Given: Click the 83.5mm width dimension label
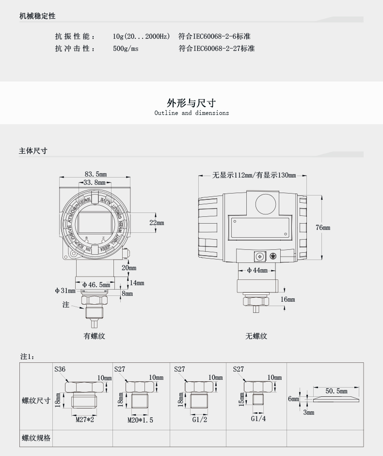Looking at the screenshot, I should [96, 174].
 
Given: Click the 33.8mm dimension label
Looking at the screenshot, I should [94, 183].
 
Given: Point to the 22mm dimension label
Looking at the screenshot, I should [157, 223].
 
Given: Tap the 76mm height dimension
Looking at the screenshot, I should [322, 228].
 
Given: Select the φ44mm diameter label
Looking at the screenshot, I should [257, 270].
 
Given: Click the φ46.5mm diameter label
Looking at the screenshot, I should [96, 285].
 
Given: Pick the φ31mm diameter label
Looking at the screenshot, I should [65, 291].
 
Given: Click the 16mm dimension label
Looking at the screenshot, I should [287, 299].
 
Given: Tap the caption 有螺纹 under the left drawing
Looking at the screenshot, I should [95, 336].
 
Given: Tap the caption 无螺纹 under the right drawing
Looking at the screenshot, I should [256, 336].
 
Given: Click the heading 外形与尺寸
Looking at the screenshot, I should [191, 103].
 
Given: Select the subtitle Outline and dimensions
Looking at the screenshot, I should [191, 113].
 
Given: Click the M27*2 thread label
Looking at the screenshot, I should [84, 419].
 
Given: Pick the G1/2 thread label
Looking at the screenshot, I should [199, 420].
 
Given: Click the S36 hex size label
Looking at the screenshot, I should [60, 369].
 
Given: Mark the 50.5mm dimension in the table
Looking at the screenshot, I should [336, 391].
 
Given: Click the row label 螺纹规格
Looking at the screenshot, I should [36, 438].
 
